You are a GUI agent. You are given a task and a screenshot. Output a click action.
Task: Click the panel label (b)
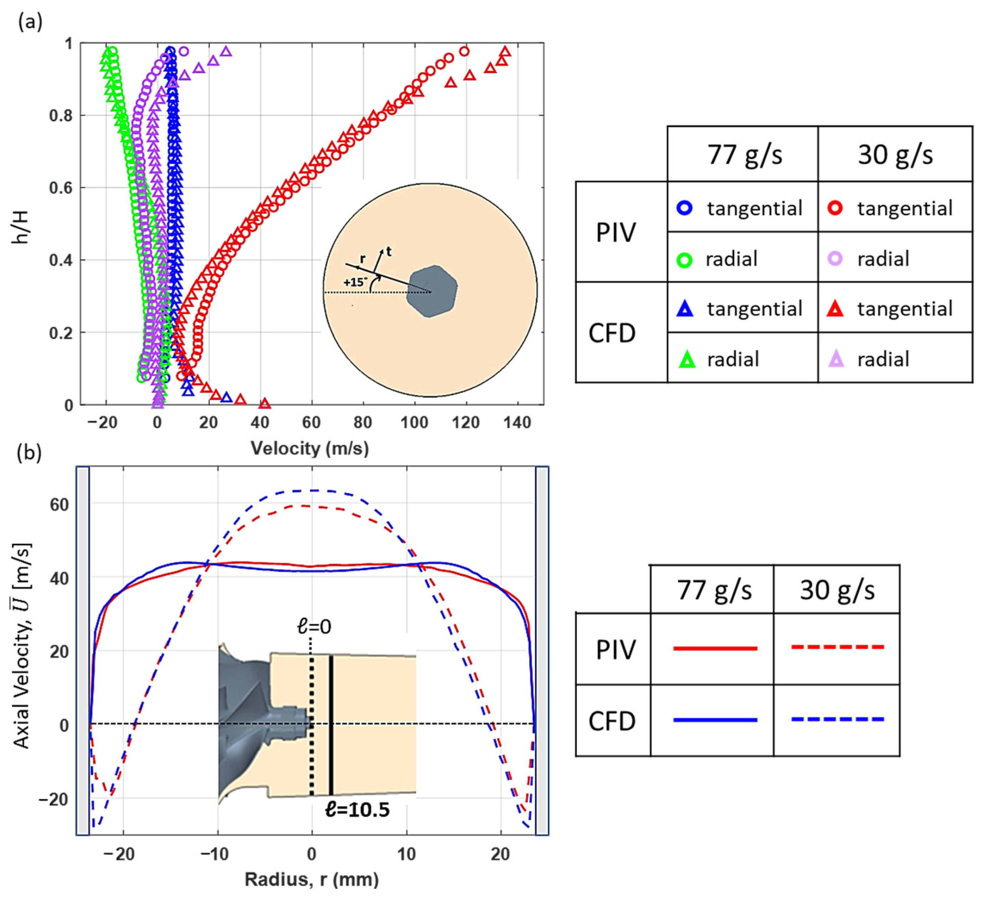coord(29,453)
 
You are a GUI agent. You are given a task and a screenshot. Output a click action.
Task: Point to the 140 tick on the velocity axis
coord(518,422)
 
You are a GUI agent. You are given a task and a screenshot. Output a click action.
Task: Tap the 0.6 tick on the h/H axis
coord(60,188)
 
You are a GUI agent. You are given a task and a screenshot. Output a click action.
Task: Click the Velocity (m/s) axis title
coord(309,448)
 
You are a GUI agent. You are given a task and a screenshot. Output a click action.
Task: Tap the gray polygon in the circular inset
coord(431,291)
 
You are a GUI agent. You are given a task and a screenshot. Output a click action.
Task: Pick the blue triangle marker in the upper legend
coord(685,309)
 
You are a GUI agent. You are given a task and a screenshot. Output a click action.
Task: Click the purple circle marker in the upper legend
coord(835,258)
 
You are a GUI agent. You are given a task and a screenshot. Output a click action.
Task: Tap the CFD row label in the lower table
coord(612,721)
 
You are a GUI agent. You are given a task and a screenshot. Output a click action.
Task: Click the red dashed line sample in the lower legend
coord(837,647)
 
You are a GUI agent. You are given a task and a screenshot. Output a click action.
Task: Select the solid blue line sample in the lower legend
coord(715,720)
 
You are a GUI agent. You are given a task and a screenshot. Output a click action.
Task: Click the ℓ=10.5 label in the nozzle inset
coord(357,810)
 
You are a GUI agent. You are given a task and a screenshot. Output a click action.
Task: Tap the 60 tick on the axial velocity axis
coord(60,505)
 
